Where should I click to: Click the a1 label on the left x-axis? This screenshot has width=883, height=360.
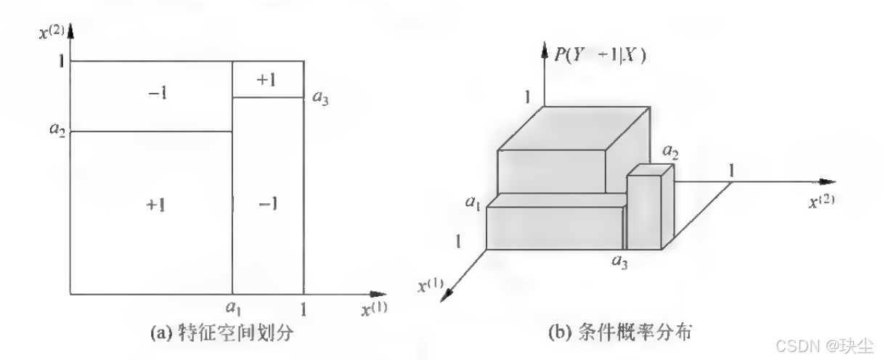coord(233,308)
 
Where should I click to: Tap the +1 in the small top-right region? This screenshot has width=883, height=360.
coord(266,79)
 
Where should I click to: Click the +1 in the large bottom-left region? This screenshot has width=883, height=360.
coord(155,205)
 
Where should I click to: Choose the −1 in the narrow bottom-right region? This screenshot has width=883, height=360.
coord(267,205)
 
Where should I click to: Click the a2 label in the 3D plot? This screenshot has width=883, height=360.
coord(669,152)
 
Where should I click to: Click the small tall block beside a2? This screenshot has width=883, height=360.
coord(644,210)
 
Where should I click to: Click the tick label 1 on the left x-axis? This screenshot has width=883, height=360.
coord(304,308)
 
